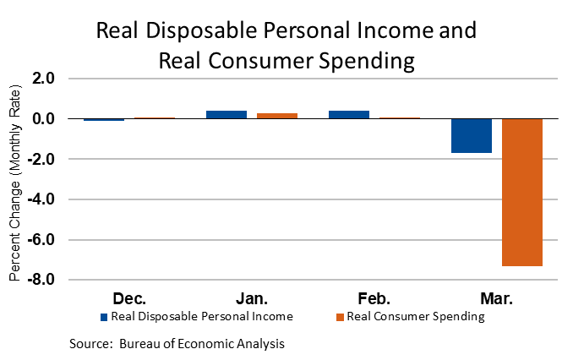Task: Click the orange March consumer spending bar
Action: click(x=522, y=192)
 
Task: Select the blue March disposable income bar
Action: click(x=472, y=135)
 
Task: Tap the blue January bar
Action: click(x=226, y=114)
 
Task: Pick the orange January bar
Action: click(x=277, y=116)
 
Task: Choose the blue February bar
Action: click(x=349, y=114)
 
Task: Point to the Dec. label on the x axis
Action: click(x=129, y=298)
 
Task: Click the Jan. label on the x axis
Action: click(x=252, y=298)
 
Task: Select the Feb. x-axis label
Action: click(x=374, y=298)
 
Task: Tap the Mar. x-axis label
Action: click(x=497, y=298)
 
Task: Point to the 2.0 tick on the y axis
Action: click(x=44, y=79)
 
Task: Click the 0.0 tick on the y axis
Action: click(x=44, y=119)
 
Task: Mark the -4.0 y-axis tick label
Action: click(x=41, y=199)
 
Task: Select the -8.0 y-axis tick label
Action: click(x=41, y=280)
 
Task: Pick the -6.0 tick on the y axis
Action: click(x=41, y=240)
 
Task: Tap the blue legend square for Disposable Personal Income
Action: click(x=104, y=317)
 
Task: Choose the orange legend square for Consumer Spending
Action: click(x=340, y=317)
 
